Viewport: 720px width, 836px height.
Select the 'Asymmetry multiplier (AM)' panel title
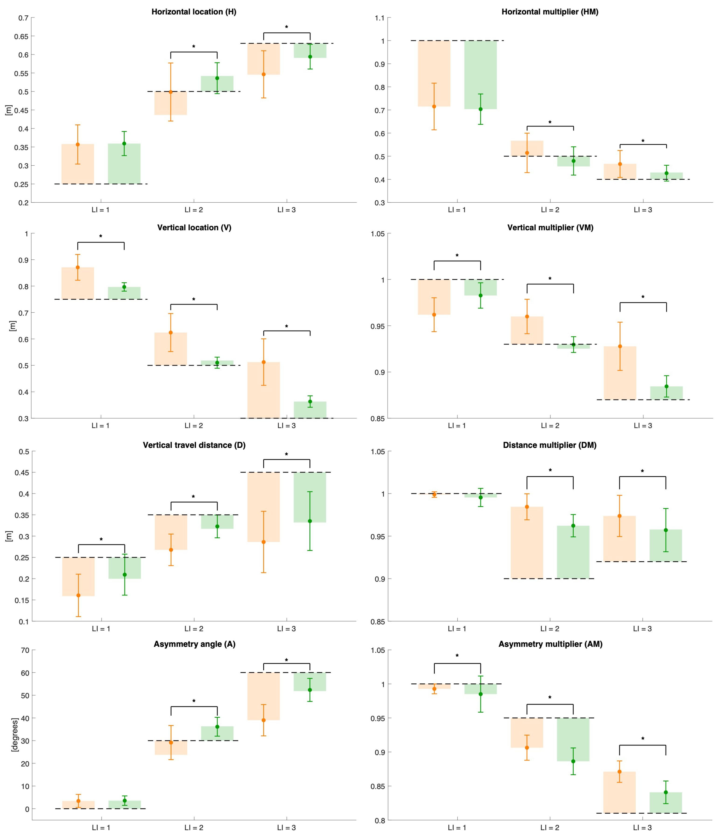click(550, 644)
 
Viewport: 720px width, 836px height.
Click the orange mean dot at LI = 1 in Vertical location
click(77, 267)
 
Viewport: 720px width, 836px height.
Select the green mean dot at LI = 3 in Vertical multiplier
click(666, 386)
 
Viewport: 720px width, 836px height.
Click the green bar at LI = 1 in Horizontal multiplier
click(480, 75)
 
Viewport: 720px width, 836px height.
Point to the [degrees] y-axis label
click(15, 734)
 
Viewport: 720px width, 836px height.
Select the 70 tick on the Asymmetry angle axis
click(25, 650)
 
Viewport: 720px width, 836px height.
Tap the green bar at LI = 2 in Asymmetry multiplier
click(573, 740)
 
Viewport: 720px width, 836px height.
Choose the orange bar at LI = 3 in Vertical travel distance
click(263, 507)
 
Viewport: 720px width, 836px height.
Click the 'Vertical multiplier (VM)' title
click(550, 228)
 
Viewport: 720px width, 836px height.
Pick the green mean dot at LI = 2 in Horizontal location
click(217, 78)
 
